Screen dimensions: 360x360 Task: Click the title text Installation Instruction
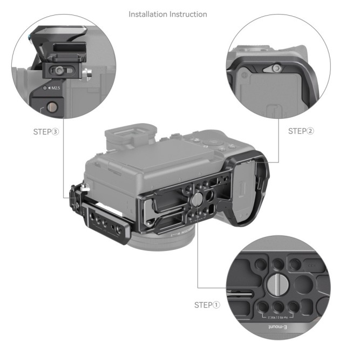pos(167,14)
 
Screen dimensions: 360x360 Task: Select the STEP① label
pos(207,305)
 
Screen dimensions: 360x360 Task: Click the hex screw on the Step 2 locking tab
pos(276,68)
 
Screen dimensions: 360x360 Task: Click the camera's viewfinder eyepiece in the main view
pos(130,134)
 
